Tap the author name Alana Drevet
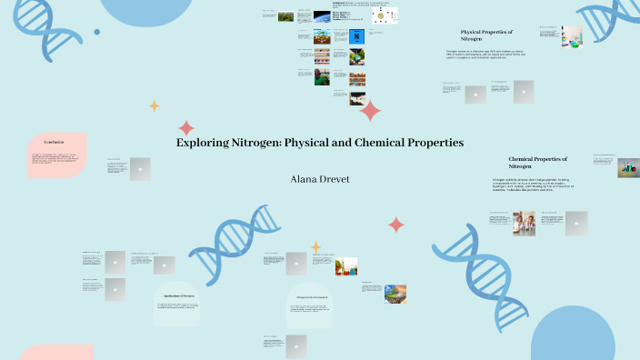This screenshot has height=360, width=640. [319, 179]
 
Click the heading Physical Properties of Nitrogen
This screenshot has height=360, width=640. [486, 35]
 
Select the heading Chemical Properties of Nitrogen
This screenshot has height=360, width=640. [537, 163]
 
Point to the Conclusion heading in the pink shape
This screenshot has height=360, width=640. [55, 142]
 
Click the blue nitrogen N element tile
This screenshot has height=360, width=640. [357, 36]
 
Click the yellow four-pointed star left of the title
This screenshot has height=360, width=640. [154, 105]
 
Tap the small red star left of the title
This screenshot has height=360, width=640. [186, 127]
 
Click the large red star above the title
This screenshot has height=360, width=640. [370, 111]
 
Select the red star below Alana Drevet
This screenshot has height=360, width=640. [395, 224]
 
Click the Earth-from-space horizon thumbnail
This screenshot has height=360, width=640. [322, 17]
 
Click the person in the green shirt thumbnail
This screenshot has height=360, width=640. [322, 78]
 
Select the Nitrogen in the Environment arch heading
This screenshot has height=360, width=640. [312, 297]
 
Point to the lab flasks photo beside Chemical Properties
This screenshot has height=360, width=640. [628, 167]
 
